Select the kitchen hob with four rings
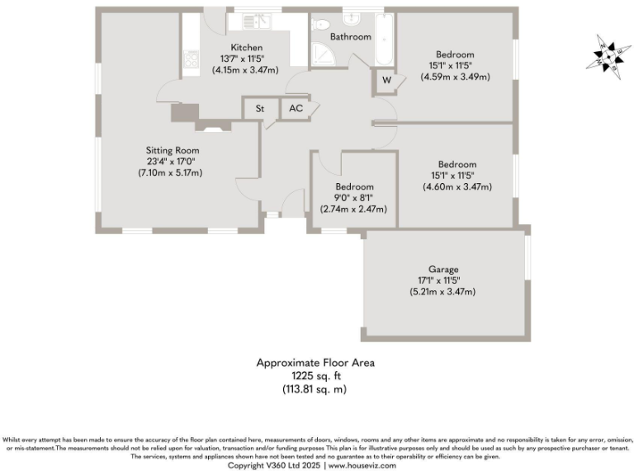coord(191,59)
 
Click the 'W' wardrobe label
coord(386,81)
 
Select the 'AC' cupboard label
coord(294,108)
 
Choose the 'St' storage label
coord(259,108)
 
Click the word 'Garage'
coord(442,270)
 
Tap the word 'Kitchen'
coord(247,47)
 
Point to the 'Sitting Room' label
coord(173,150)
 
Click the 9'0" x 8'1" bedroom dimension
coord(353,198)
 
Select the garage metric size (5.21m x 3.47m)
coord(442,292)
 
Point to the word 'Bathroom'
coord(350,37)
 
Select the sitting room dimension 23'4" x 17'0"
coord(169,162)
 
